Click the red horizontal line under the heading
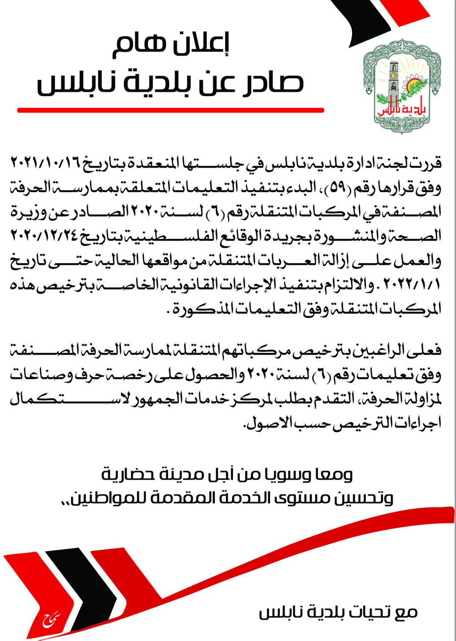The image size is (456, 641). pos(170,110)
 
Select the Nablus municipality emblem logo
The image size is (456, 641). pos(402,87)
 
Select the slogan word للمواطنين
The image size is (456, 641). pos(107,499)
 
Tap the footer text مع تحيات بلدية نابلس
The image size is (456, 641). pos(338,612)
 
